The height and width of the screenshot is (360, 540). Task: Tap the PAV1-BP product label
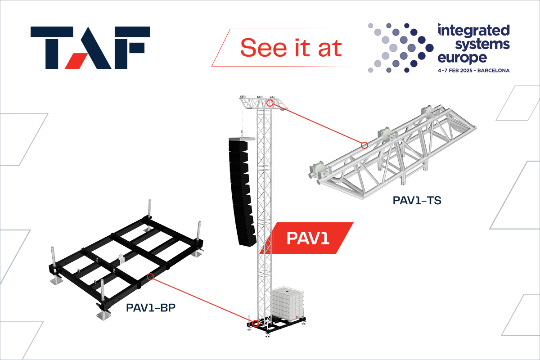click(151, 307)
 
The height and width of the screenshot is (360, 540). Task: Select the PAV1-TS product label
click(417, 200)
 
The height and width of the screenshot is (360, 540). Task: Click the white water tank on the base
click(288, 304)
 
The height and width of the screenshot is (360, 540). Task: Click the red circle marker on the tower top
click(270, 103)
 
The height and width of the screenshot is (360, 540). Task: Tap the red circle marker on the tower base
click(256, 324)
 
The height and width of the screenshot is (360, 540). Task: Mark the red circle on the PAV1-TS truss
click(364, 145)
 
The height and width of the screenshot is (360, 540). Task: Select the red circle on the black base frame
click(150, 277)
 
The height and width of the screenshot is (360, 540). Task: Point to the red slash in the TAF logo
click(74, 61)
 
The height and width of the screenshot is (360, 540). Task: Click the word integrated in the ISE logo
click(474, 31)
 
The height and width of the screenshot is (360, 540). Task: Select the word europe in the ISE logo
click(462, 58)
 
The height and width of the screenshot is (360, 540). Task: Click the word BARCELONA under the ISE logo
click(494, 71)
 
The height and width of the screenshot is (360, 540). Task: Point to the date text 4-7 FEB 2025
click(455, 71)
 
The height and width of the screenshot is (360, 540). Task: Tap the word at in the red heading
click(330, 49)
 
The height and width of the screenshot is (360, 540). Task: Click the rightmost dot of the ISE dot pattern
click(429, 48)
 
